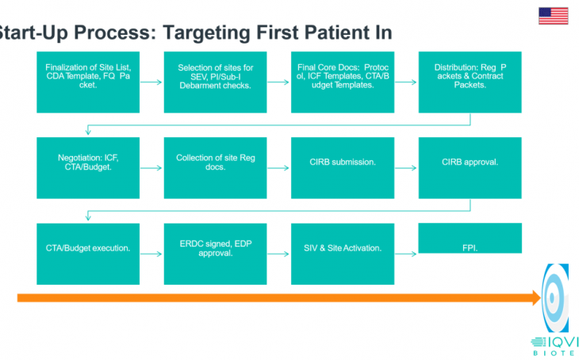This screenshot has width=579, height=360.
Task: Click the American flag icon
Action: coord(553,16)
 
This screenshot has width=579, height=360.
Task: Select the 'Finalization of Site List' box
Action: coord(88,82)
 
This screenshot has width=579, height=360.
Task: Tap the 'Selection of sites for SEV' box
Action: coord(215,82)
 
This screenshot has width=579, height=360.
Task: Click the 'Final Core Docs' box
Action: coord(343,82)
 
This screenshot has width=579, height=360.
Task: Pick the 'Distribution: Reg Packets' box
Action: coord(470,82)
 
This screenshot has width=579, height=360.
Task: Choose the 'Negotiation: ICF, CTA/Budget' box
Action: coord(88,168)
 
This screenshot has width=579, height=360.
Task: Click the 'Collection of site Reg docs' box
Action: coord(215,168)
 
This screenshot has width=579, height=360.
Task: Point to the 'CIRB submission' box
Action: coord(343,168)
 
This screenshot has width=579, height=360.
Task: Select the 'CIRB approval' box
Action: coord(470,168)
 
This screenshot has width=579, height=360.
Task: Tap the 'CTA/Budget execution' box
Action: coord(88,254)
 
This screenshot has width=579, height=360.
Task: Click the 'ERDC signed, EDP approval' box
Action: coord(215,254)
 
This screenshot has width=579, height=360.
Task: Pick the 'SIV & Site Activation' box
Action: coord(343,254)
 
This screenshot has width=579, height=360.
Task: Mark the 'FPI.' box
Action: coord(470,238)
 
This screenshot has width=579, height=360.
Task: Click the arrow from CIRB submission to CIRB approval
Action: coord(406,168)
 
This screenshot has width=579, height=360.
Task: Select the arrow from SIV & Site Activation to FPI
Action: coord(406,254)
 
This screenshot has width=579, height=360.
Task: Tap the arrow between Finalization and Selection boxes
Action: coord(151,82)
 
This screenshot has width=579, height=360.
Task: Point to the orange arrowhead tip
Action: coord(541,298)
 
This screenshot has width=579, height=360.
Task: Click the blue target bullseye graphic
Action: coord(555,297)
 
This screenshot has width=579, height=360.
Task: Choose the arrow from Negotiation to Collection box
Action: coord(151,168)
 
